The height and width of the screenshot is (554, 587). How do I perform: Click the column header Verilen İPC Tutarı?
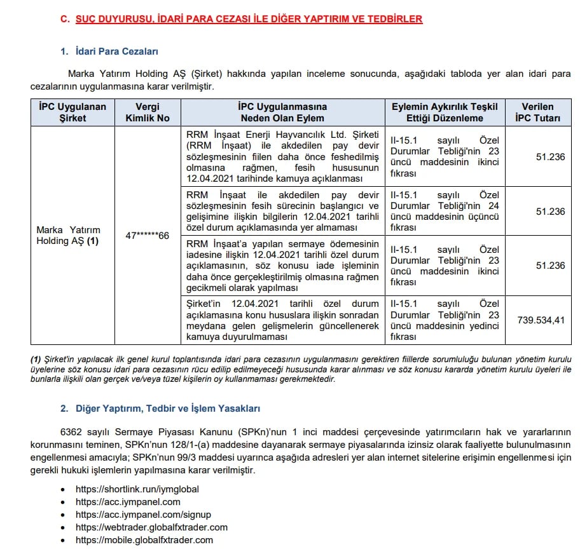[537, 112]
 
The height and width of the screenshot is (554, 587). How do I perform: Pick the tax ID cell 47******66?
[147, 236]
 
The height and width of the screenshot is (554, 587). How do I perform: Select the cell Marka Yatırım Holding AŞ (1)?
[68, 235]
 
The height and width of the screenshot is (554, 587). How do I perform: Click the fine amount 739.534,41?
[541, 320]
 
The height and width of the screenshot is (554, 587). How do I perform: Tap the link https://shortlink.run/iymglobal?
[137, 489]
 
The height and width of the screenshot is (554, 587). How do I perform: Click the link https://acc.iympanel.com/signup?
[143, 515]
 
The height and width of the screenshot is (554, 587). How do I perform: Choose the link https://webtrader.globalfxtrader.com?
[151, 527]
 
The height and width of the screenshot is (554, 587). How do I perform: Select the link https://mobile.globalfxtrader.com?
[144, 540]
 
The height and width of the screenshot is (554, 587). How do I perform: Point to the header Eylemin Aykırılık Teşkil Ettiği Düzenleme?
[445, 112]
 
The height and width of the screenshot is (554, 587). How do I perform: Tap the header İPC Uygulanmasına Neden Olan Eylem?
[282, 112]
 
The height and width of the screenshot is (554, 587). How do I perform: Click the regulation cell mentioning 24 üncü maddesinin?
[445, 212]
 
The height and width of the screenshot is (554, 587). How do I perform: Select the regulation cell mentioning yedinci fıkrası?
[445, 320]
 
